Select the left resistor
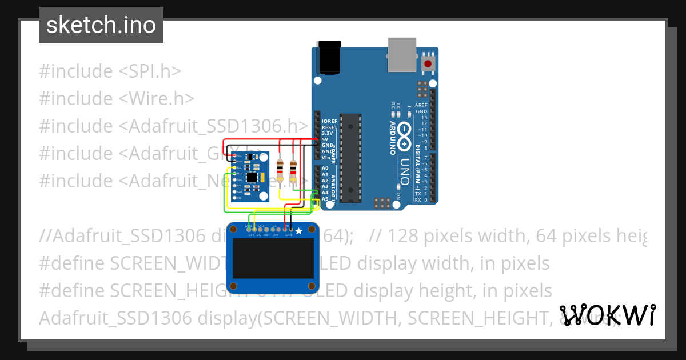pos(280,169)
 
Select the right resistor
pos(293,169)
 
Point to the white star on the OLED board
pos(298,231)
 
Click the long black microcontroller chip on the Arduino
pos(350,158)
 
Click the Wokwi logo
pos(607,315)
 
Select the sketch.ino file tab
pos(101,25)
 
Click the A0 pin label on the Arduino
pos(325,168)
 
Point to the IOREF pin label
pos(330,121)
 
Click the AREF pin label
pos(421,105)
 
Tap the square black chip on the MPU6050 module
pos(252,177)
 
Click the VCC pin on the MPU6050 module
pos(234,156)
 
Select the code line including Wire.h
pos(117,98)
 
